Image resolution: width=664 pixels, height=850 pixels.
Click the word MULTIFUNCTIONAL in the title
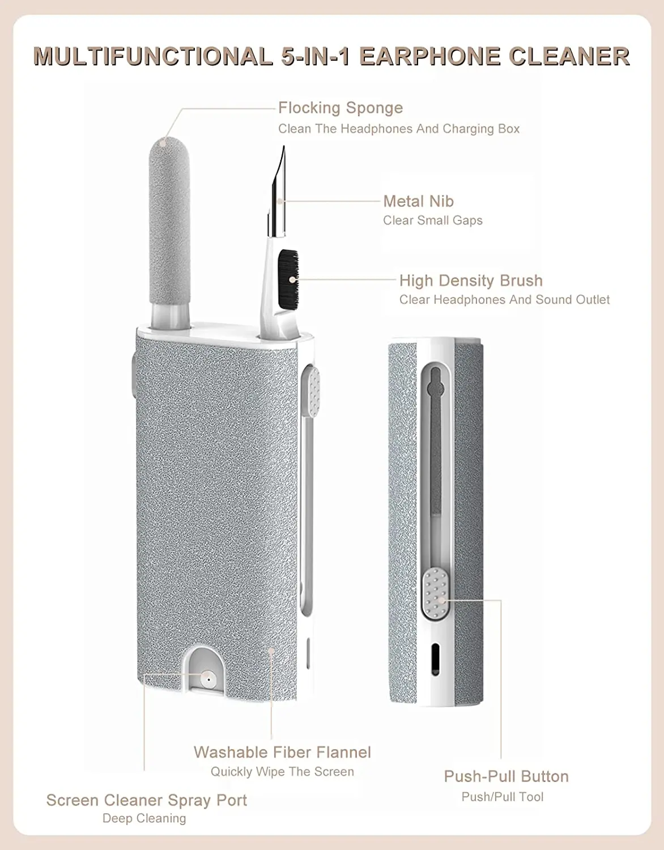(x=153, y=57)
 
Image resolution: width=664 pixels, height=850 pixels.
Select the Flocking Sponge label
(x=340, y=108)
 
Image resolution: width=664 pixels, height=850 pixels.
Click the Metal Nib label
(x=418, y=201)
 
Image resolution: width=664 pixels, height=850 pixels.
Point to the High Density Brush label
(x=471, y=280)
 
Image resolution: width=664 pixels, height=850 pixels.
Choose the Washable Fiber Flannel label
(x=282, y=752)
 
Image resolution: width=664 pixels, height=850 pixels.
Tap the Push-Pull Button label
(x=506, y=776)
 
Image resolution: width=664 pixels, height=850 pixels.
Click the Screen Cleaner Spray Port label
(x=147, y=800)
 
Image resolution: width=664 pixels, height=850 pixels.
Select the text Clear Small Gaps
(x=433, y=220)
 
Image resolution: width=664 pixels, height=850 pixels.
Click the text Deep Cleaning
(x=144, y=818)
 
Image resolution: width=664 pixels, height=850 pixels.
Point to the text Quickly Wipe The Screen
(x=282, y=772)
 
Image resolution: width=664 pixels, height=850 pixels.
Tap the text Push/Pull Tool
(x=503, y=797)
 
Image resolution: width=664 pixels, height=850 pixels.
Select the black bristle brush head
(x=288, y=274)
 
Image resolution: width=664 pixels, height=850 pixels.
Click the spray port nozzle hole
(x=208, y=678)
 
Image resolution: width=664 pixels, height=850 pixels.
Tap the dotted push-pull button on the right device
(x=435, y=593)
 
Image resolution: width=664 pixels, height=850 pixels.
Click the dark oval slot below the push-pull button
(x=435, y=658)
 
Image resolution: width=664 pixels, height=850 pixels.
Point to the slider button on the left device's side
(x=310, y=390)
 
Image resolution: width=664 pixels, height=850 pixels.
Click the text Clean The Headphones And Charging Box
(x=399, y=129)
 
